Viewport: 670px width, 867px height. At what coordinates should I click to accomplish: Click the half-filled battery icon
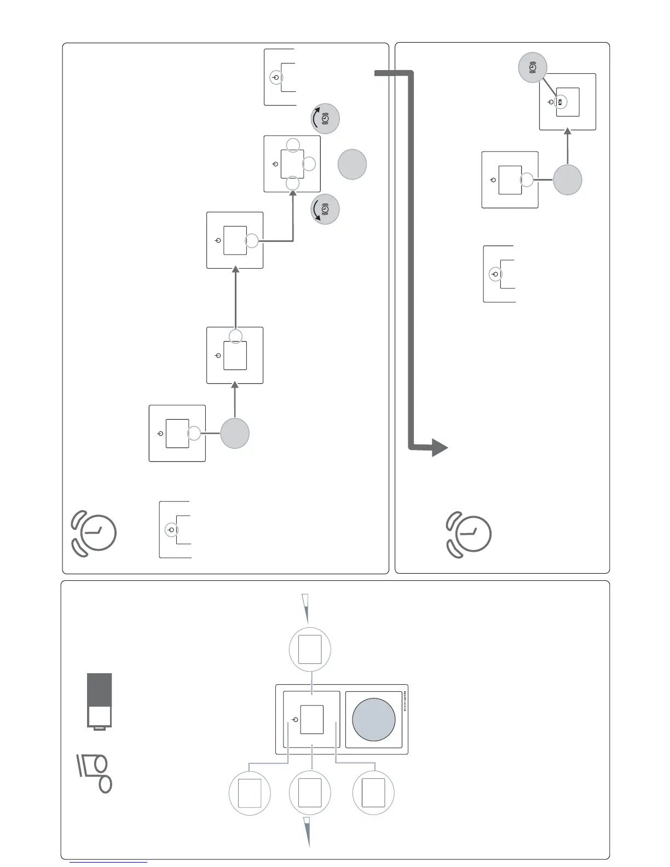point(100,701)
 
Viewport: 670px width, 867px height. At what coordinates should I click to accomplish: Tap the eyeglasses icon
point(95,773)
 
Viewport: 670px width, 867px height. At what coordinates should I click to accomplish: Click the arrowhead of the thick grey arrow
point(440,447)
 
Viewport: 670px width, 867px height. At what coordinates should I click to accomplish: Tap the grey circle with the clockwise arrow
point(325,119)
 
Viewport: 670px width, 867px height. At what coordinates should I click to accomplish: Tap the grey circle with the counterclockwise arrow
point(325,210)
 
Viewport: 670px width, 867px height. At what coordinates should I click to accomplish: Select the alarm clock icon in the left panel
point(94,534)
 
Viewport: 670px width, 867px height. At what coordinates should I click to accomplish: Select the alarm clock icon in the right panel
point(469,534)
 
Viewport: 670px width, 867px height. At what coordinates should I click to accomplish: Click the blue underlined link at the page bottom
point(108,862)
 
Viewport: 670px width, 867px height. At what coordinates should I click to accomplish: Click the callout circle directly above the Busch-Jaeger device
point(310,649)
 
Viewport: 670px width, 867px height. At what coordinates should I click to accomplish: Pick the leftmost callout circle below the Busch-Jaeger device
point(250,793)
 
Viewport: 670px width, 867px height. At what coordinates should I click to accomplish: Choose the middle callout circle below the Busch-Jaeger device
point(310,793)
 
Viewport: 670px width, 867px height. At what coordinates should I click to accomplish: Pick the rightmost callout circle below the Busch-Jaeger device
point(373,793)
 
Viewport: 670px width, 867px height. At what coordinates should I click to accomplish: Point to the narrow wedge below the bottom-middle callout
point(308,831)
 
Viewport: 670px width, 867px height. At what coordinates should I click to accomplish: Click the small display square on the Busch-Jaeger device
point(312,719)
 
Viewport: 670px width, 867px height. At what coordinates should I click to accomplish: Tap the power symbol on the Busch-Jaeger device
point(296,719)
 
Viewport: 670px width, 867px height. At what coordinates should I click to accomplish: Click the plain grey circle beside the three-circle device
point(352,165)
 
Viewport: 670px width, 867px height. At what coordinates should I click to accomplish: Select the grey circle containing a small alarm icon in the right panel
point(533,67)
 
